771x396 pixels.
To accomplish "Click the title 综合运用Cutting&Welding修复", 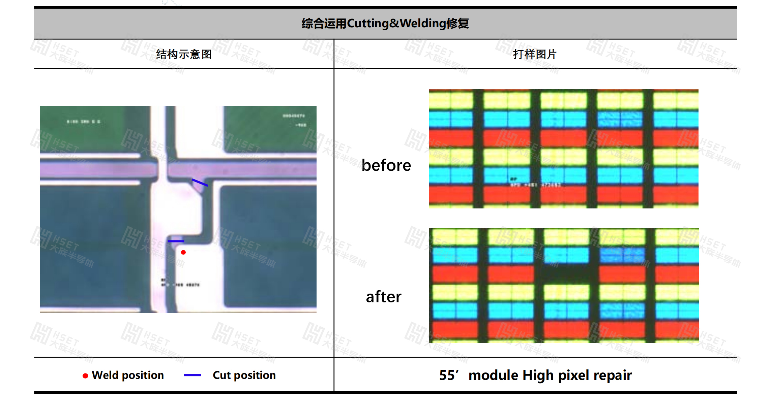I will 385,23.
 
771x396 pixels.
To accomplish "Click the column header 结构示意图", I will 184,54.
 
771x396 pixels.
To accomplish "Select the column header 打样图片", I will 534,54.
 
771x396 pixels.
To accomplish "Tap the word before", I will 386,165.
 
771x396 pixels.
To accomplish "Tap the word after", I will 384,297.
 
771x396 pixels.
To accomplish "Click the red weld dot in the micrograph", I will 183,252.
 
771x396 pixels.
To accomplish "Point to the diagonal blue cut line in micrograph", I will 200,183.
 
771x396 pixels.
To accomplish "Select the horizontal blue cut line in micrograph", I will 176,241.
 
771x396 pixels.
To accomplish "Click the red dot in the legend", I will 85,376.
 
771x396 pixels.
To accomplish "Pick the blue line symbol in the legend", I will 192,375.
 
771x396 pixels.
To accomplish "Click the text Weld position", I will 128,375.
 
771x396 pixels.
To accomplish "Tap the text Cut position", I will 244,375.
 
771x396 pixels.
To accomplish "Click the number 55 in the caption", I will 447,375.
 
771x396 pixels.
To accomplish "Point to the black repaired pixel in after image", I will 566,273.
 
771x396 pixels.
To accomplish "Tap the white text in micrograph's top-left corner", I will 83,122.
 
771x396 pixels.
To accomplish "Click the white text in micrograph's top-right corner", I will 294,120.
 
